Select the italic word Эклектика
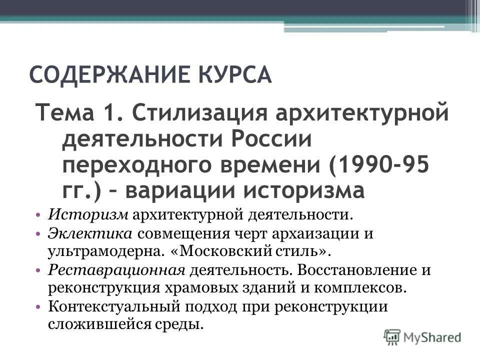[x=90, y=234]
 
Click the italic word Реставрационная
[x=117, y=270]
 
